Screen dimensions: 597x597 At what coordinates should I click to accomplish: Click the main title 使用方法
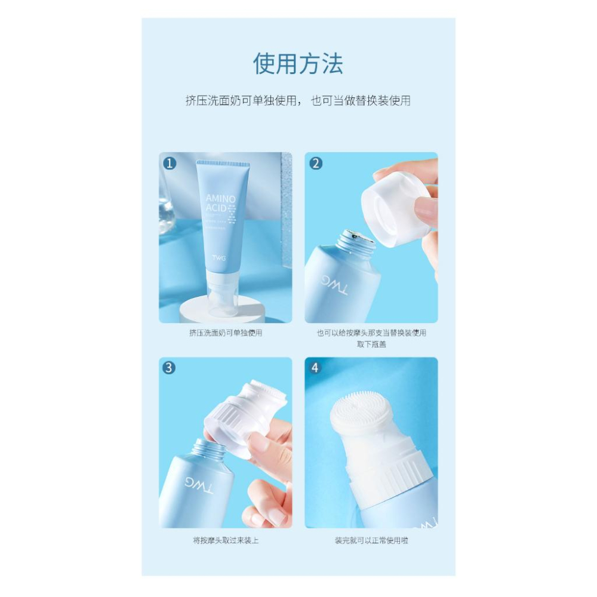click(298, 63)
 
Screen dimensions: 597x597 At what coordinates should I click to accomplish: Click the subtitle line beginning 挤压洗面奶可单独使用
click(298, 101)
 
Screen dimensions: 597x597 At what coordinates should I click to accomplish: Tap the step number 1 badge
click(170, 163)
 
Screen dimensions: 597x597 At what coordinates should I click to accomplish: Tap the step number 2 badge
click(316, 163)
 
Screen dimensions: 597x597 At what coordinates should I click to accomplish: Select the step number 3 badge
click(170, 368)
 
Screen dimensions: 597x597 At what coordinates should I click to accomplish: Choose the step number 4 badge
click(316, 368)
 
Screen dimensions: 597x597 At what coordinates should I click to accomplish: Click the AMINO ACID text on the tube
click(220, 203)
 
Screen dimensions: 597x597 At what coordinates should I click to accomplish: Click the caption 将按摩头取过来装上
click(225, 540)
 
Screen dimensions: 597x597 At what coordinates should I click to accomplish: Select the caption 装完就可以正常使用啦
click(371, 540)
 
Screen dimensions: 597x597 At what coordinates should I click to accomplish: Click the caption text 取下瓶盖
click(371, 344)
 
